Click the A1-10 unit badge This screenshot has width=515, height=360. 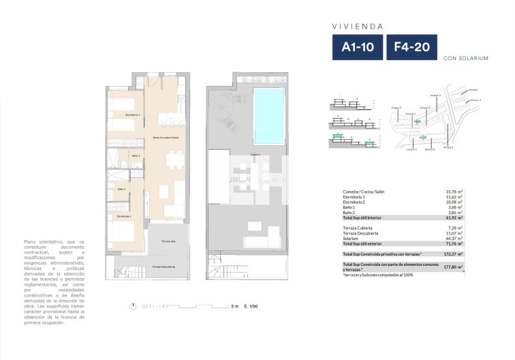pyautogui.click(x=356, y=48)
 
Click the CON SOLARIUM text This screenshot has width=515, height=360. pyautogui.click(x=465, y=59)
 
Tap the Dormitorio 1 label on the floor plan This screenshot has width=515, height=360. pyautogui.click(x=124, y=216)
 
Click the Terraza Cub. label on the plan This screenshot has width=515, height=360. pyautogui.click(x=169, y=241)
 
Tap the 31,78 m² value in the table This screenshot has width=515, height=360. pyautogui.click(x=454, y=193)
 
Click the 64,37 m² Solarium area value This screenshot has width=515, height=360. pyautogui.click(x=454, y=238)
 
